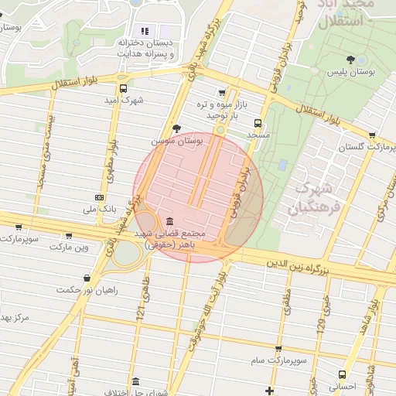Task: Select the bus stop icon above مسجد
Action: click(258, 122)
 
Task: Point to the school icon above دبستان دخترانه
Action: click(145, 31)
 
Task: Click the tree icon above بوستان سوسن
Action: click(179, 128)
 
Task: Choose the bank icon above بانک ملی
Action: click(98, 197)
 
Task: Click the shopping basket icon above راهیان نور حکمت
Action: click(86, 277)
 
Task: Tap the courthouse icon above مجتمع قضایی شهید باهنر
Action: click(169, 220)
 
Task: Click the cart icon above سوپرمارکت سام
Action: click(278, 349)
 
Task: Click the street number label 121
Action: click(141, 311)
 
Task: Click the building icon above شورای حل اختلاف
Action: click(136, 381)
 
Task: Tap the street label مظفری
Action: click(287, 299)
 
